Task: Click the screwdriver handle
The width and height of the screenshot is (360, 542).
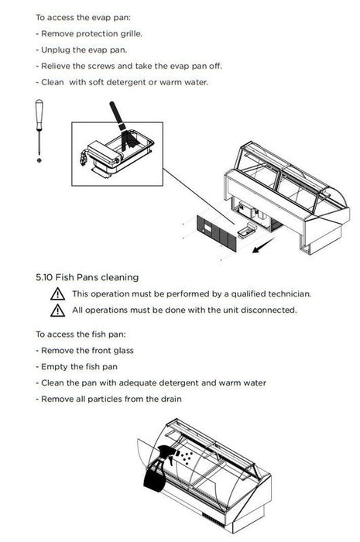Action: pyautogui.click(x=39, y=115)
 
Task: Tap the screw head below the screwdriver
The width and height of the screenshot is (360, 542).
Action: pyautogui.click(x=39, y=160)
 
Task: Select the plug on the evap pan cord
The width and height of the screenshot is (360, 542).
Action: pyautogui.click(x=84, y=158)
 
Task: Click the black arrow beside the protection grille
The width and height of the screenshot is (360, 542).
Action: pyautogui.click(x=263, y=245)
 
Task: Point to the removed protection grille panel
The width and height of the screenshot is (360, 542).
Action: pyautogui.click(x=217, y=233)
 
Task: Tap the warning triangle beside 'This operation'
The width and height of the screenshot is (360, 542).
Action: pyautogui.click(x=57, y=294)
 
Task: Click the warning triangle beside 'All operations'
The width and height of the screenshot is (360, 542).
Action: pyautogui.click(x=57, y=310)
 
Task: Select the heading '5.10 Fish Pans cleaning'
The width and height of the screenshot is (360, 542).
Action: pyautogui.click(x=87, y=277)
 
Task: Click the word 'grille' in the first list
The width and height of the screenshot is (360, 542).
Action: pyautogui.click(x=131, y=34)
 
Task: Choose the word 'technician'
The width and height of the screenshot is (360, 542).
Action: pyautogui.click(x=290, y=294)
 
